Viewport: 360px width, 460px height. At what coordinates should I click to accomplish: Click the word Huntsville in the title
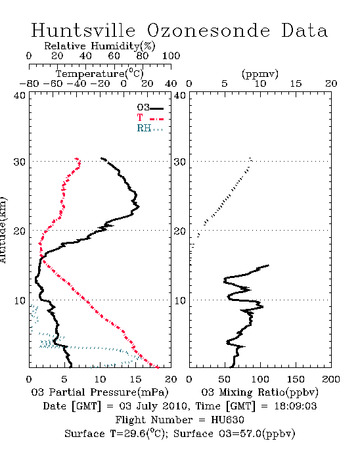pyautogui.click(x=83, y=30)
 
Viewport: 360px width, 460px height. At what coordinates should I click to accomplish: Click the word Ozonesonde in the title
pyautogui.click(x=208, y=30)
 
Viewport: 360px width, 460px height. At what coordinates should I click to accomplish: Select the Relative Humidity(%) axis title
pyautogui.click(x=100, y=46)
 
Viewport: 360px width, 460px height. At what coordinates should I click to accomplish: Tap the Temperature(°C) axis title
pyautogui.click(x=100, y=74)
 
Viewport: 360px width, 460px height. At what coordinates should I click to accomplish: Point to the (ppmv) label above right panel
pyautogui.click(x=260, y=74)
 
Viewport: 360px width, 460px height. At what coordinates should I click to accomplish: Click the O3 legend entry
pyautogui.click(x=150, y=108)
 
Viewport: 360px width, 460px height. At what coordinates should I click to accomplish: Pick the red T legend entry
pyautogui.click(x=150, y=118)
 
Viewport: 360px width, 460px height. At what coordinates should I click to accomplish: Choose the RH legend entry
pyautogui.click(x=150, y=128)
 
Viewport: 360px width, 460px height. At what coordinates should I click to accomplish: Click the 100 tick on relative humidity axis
pyautogui.click(x=171, y=56)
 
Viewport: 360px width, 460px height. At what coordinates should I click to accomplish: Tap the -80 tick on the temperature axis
pyautogui.click(x=29, y=84)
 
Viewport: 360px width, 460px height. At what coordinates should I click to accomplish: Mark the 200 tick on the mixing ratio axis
pyautogui.click(x=331, y=379)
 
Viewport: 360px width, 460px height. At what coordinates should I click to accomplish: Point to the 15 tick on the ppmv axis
pyautogui.click(x=296, y=84)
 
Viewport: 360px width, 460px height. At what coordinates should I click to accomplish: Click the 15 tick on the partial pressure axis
pyautogui.click(x=135, y=379)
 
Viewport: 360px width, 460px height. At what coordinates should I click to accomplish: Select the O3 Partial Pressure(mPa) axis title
pyautogui.click(x=100, y=392)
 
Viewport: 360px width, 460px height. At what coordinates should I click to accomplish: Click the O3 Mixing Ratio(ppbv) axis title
pyautogui.click(x=259, y=392)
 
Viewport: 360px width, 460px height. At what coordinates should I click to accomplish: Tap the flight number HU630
pyautogui.click(x=227, y=420)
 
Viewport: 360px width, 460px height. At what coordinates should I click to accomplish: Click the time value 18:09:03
pyautogui.click(x=296, y=406)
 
